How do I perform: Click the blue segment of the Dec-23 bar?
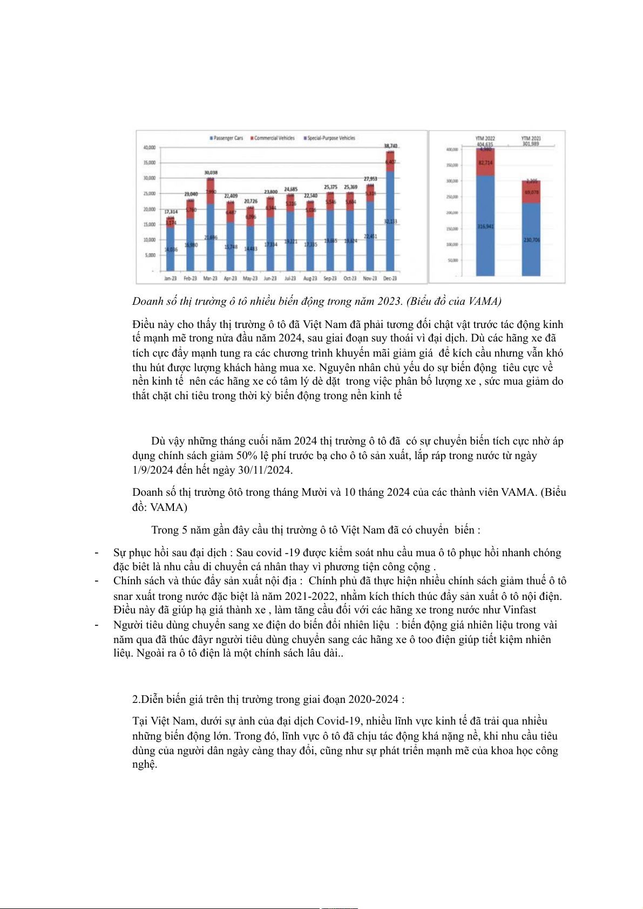coord(390,221)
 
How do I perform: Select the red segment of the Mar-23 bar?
coord(210,192)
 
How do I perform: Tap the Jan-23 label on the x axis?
coord(170,278)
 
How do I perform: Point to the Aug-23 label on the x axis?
coord(310,278)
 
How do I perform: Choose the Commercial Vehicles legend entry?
coord(274,138)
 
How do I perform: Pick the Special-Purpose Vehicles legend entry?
coord(330,138)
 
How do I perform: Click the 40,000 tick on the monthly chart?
coord(149,147)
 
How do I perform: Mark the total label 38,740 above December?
coord(390,146)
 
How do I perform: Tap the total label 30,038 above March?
coord(211,173)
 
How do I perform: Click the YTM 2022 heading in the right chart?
coord(485,139)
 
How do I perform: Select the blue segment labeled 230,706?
coord(531,240)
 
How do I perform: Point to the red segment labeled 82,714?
coord(485,163)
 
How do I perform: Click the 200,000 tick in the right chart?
coord(451,213)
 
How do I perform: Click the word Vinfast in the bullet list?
coord(519,610)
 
